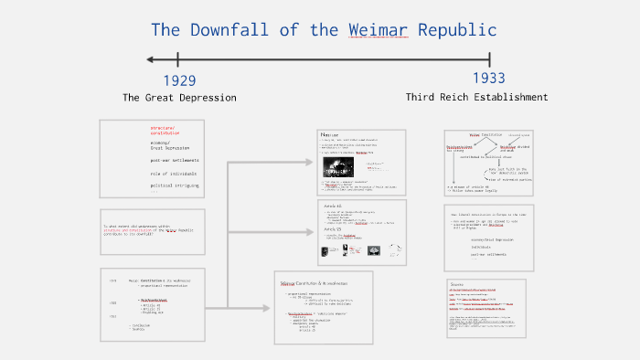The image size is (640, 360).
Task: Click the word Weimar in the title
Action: (380, 30)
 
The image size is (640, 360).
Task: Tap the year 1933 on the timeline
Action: (489, 79)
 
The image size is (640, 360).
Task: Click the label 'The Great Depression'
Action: (179, 98)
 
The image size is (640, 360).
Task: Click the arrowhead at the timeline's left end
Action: (150, 60)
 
